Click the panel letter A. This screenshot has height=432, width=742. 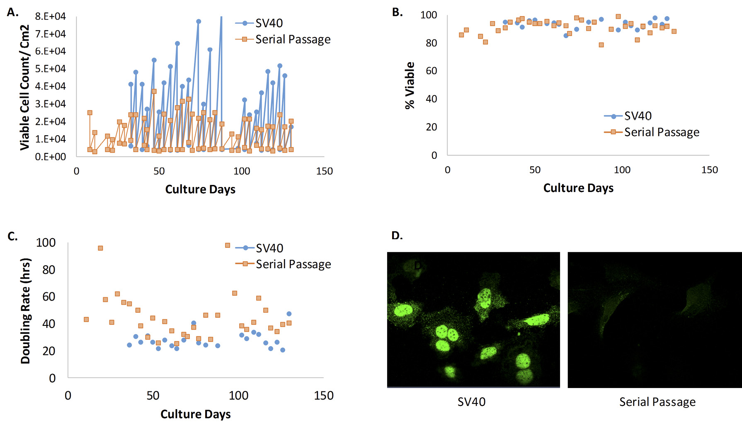[12, 12]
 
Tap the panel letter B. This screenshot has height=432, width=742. [397, 12]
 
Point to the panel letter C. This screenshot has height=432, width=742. [12, 236]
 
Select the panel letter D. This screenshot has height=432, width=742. [397, 235]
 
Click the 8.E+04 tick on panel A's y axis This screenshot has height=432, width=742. [50, 16]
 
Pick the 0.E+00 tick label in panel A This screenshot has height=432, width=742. [50, 157]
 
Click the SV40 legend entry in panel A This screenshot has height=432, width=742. [269, 23]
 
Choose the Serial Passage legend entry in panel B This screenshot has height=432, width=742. [662, 132]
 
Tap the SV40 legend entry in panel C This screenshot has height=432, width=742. [269, 248]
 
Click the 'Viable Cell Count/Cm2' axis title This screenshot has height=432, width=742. [25, 87]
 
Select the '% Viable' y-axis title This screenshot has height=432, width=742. [410, 85]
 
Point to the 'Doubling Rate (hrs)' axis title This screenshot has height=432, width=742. [25, 311]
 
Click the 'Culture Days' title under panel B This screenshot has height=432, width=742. [578, 188]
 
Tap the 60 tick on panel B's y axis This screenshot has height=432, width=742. [431, 71]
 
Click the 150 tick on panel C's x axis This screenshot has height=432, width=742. [324, 396]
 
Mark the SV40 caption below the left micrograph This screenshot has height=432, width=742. [471, 402]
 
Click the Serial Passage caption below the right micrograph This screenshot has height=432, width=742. [657, 402]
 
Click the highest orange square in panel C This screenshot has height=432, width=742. [228, 245]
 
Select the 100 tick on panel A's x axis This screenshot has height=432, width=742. [242, 171]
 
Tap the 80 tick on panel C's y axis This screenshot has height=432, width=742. [48, 270]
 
